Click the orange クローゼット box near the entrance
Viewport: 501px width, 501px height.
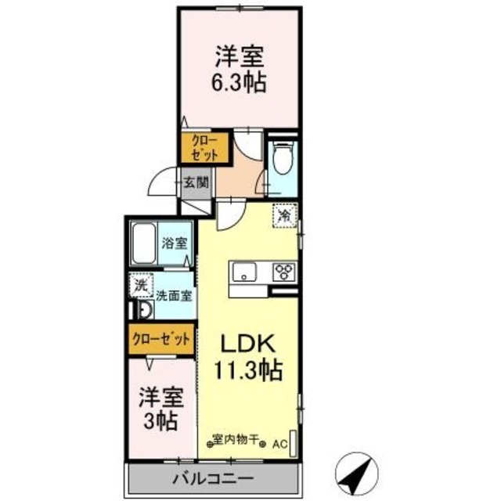coord(202,147)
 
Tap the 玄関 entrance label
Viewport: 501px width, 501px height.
coord(196,185)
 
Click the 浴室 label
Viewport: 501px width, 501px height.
coord(175,243)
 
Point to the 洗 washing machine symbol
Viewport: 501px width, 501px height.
coord(140,286)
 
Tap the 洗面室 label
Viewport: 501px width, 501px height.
coord(174,297)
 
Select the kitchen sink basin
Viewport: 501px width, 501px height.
coord(243,274)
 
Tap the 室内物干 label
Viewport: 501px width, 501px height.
coord(238,439)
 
